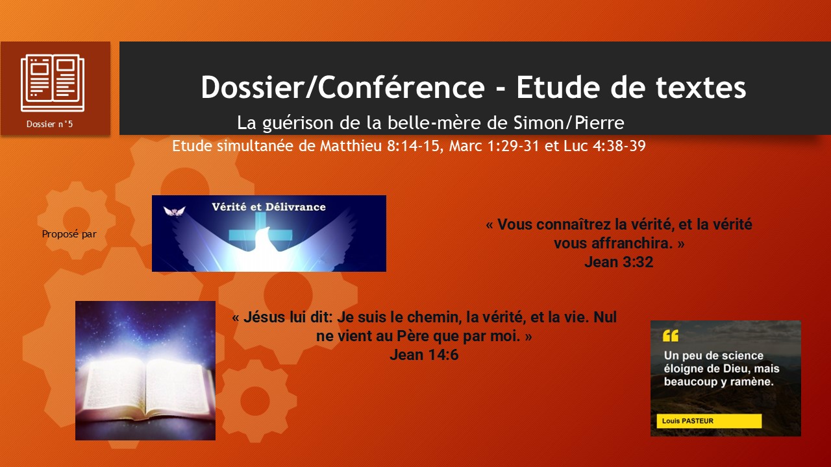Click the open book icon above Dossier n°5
(x=53, y=82)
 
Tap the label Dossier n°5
(x=50, y=124)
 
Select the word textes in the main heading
(x=701, y=88)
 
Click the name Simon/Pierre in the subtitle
(x=569, y=123)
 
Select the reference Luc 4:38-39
(x=604, y=146)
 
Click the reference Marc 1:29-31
(x=494, y=146)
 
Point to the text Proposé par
(x=69, y=234)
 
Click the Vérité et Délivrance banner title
(x=269, y=207)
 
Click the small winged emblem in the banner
(x=175, y=211)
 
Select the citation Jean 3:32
(x=619, y=262)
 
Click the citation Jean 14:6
(x=424, y=355)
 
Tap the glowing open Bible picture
(x=145, y=370)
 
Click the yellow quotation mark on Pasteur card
(x=671, y=335)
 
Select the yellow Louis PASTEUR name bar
(x=709, y=421)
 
